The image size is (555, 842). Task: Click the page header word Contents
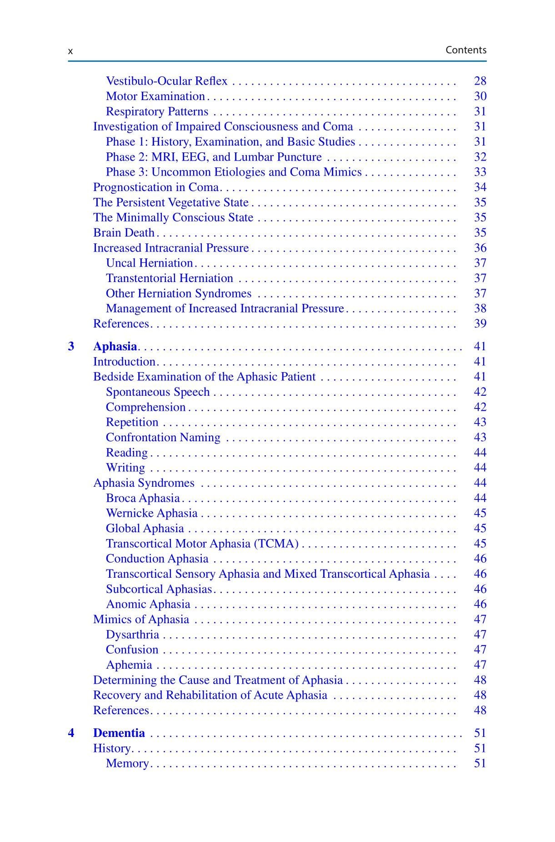[x=465, y=50]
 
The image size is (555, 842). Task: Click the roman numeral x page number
[x=70, y=51]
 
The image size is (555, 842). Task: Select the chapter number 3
[x=71, y=346]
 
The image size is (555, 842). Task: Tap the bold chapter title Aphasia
[x=115, y=346]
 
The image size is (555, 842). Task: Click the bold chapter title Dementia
[x=119, y=733]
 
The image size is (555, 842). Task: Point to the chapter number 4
[x=71, y=733]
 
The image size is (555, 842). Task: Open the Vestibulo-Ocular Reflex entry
[x=166, y=81]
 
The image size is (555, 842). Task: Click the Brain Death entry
[x=124, y=232]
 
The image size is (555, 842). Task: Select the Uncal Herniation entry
[x=150, y=263]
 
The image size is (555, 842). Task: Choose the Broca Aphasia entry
[x=143, y=498]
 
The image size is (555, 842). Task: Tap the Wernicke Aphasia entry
[x=152, y=513]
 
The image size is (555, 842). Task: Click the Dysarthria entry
[x=132, y=635]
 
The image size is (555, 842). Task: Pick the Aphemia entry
[x=129, y=665]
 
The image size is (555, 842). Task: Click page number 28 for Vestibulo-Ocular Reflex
[x=480, y=81]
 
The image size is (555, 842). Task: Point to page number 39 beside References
[x=480, y=323]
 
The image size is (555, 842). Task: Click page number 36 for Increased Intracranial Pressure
[x=480, y=248]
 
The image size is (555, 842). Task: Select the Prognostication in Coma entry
[x=156, y=187]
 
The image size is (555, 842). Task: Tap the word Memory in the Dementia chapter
[x=127, y=763]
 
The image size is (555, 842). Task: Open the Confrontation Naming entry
[x=163, y=437]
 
